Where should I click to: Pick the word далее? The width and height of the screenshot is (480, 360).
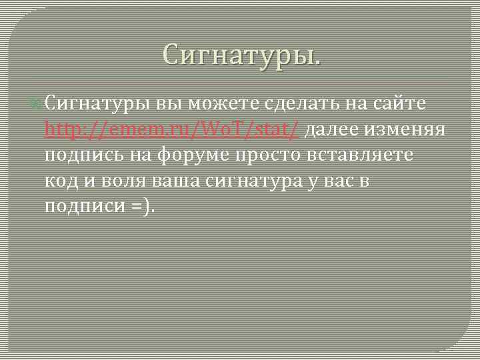(336, 131)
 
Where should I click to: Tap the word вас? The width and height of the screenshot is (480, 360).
(353, 181)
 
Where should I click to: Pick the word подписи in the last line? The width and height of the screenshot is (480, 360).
(82, 207)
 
